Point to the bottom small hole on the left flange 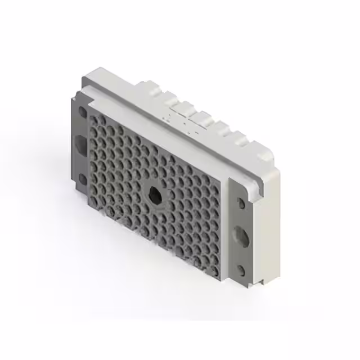point(82,179)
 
